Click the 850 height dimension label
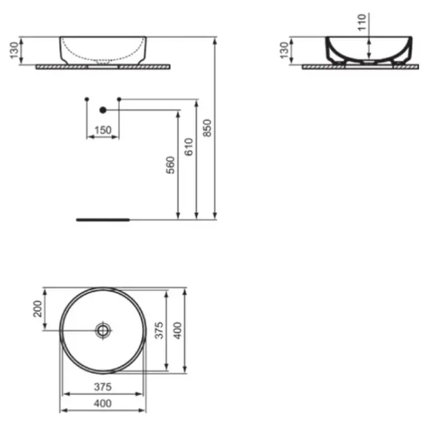(x=207, y=128)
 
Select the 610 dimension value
(x=189, y=147)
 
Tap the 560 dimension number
(x=170, y=165)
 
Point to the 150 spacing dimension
(x=102, y=130)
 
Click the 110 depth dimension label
(x=362, y=22)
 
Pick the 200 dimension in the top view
(x=37, y=309)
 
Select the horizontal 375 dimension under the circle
(x=102, y=387)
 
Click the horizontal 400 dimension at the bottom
(x=102, y=404)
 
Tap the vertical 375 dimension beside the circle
(x=159, y=330)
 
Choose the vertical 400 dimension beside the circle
(x=178, y=330)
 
